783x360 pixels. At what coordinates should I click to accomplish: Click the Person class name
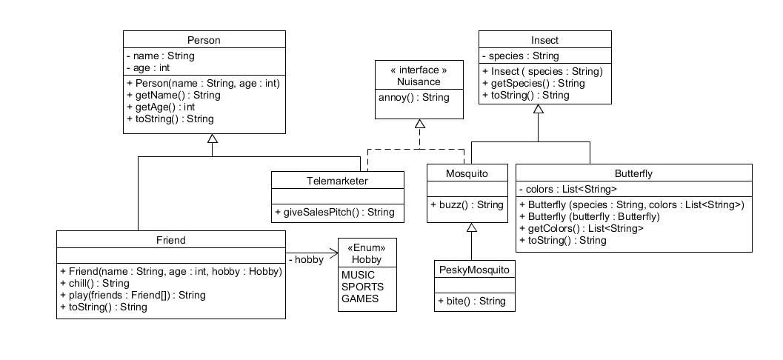pos(204,40)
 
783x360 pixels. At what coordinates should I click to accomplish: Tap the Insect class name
pos(544,40)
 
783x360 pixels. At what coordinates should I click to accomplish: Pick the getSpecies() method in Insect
pos(522,83)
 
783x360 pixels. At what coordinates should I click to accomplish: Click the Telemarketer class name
pos(337,180)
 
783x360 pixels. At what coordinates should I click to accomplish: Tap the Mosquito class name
pos(467,173)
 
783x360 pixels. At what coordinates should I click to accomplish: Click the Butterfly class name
pos(633,173)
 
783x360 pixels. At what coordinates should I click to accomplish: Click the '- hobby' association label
pos(305,260)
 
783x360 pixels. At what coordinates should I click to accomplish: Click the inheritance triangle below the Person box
pos(212,139)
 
